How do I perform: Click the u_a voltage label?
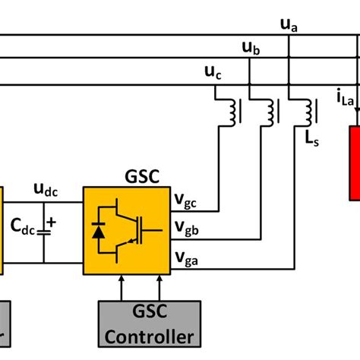[x=289, y=27]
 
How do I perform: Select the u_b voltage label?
[x=251, y=49]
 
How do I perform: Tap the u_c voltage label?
[x=214, y=73]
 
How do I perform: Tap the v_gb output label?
[x=185, y=227]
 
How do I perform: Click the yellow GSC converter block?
[x=126, y=231]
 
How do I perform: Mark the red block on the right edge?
[x=354, y=163]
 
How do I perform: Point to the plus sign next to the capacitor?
[x=52, y=223]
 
